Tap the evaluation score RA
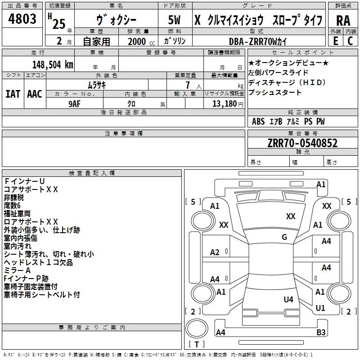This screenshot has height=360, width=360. pos(343,21)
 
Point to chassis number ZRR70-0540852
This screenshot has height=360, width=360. pos(302,143)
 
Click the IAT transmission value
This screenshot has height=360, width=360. pos(13,93)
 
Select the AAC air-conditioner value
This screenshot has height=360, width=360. pos(34,93)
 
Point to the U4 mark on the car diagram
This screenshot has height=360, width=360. pos(288,299)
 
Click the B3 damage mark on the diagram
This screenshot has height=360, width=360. pos(321,333)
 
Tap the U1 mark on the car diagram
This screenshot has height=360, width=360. pos(320,308)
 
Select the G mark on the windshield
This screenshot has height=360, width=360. pos(284,237)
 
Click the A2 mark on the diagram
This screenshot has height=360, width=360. pos(215,252)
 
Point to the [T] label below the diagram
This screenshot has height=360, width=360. pos(196,344)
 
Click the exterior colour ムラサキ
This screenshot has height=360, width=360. pos(96,84)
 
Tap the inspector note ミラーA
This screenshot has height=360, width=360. pos(17,270)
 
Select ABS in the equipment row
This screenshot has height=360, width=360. pos(258,121)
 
